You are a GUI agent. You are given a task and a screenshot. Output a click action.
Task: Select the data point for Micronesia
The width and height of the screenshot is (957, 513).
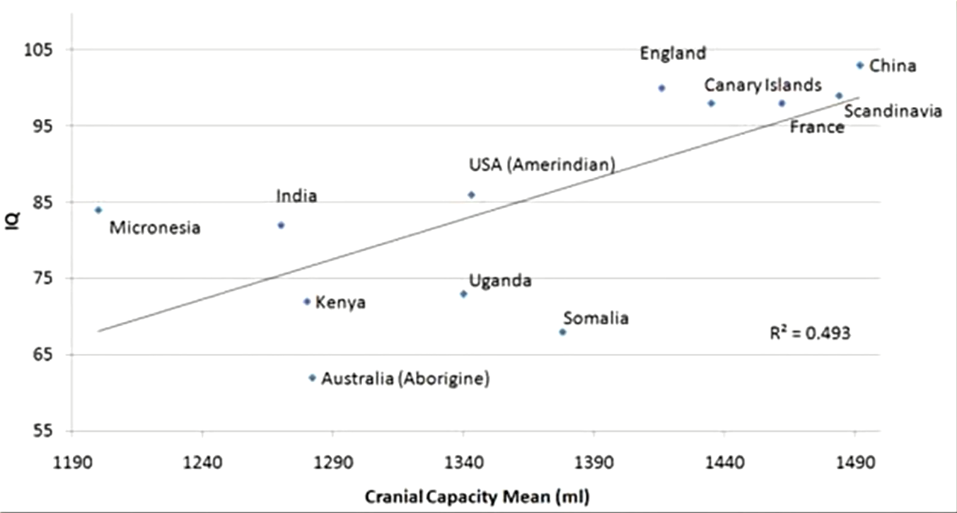pyautogui.click(x=98, y=209)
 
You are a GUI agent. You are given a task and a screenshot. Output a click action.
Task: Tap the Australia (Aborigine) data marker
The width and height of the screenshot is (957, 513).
pyautogui.click(x=312, y=378)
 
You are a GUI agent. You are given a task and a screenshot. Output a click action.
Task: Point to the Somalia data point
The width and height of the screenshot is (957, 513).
pyautogui.click(x=562, y=332)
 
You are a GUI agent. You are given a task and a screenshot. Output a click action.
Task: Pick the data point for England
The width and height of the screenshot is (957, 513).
pyautogui.click(x=661, y=88)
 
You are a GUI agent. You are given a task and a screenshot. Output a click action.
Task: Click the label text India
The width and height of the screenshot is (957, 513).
pyautogui.click(x=296, y=196)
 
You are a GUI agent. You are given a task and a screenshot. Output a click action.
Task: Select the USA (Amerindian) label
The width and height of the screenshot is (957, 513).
pyautogui.click(x=542, y=165)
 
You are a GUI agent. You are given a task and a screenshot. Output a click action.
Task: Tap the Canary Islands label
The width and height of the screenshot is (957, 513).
pyautogui.click(x=762, y=86)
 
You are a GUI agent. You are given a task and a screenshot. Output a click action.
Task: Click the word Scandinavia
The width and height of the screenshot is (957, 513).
pyautogui.click(x=893, y=111)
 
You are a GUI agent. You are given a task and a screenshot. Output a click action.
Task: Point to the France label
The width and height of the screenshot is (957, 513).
pyautogui.click(x=816, y=127)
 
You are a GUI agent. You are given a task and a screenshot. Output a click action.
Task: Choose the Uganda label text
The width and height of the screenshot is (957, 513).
pyautogui.click(x=500, y=281)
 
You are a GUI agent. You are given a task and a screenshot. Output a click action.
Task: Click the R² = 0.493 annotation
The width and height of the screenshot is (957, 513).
pyautogui.click(x=810, y=333)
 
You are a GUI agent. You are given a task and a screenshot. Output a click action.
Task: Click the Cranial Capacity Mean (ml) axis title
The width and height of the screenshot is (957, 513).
pyautogui.click(x=477, y=497)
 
